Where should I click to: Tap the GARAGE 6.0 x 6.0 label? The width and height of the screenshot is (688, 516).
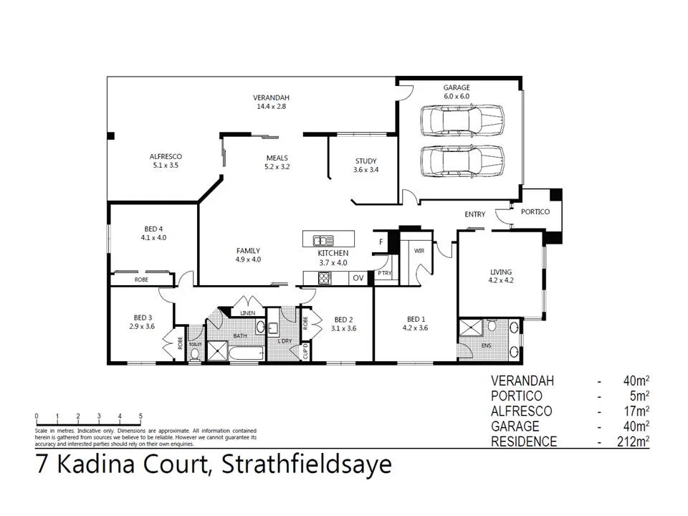pos(456,92)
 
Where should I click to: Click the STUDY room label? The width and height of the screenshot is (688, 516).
pos(365,166)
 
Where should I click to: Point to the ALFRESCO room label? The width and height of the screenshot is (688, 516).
pos(165,161)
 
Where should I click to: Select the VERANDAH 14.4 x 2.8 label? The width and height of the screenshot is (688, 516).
pos(271,102)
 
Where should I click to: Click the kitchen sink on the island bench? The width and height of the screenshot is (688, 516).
pos(323,240)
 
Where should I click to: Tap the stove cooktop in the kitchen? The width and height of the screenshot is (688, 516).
pos(324,278)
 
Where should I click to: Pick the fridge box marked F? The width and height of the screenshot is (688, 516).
pos(381,242)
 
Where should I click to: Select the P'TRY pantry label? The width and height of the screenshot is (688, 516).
pos(385,273)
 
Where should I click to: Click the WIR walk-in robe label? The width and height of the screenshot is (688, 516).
pos(419,251)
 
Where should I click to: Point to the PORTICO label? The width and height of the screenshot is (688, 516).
pos(535,212)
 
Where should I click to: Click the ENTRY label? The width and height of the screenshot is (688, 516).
pos(474,214)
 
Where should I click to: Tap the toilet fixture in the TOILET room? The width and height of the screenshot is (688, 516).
pos(195,353)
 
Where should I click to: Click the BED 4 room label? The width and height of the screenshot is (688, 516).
pos(153,233)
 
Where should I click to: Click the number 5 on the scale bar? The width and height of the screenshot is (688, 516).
pos(140,416)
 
